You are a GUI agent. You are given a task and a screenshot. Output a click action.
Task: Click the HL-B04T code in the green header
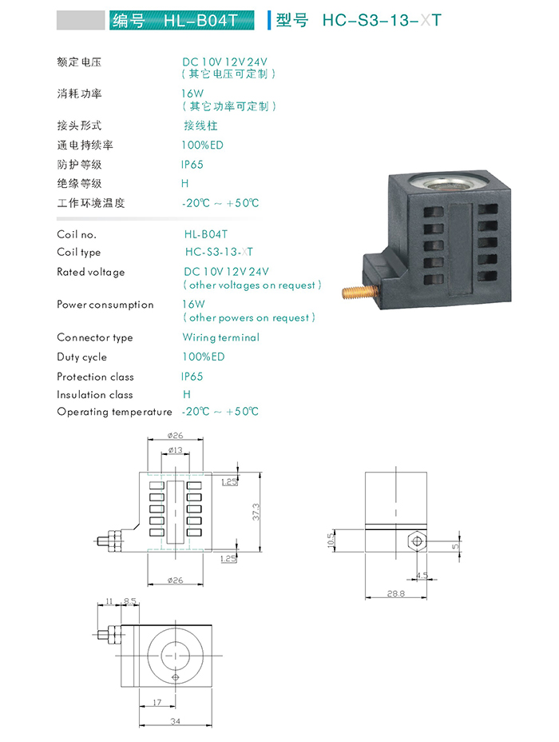coord(200,20)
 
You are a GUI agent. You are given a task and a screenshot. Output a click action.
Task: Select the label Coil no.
coord(77,234)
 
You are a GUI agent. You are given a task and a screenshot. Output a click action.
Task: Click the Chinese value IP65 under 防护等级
coord(192,165)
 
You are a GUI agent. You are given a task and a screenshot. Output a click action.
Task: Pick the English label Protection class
coord(95,377)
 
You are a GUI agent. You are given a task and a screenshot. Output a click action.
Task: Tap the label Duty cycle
coord(81,357)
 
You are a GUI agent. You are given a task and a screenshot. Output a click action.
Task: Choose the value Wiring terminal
coord(221,337)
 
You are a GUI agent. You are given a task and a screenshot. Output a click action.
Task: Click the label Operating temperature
coord(114,412)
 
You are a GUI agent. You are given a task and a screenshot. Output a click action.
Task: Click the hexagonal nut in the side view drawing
coord(415,541)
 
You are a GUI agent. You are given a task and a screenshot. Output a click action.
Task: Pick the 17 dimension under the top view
coord(157,702)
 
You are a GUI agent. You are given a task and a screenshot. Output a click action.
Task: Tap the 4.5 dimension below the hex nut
coord(422,575)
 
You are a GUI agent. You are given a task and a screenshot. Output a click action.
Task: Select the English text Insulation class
coord(95,395)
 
